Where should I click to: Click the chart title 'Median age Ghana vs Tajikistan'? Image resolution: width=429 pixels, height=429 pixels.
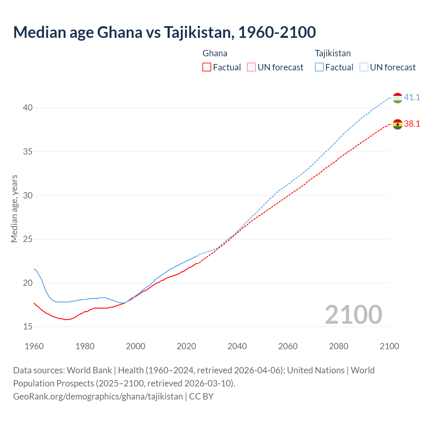click(164, 33)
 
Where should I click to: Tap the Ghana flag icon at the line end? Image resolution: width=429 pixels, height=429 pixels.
click(397, 124)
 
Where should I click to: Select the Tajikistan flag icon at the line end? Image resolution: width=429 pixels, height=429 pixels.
click(397, 98)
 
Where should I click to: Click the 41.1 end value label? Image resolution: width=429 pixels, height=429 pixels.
click(412, 98)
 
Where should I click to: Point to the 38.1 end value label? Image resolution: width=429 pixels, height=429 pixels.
click(412, 124)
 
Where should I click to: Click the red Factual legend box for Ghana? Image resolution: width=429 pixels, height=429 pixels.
click(207, 67)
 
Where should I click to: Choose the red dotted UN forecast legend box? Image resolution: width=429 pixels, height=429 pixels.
click(251, 67)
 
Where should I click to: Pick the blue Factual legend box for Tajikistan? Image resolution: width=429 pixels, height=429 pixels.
click(319, 67)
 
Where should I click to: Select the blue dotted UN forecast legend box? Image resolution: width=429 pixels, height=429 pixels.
click(364, 67)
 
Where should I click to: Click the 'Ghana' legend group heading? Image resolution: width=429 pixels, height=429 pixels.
click(215, 53)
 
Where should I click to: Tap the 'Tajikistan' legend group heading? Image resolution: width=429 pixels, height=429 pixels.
click(332, 53)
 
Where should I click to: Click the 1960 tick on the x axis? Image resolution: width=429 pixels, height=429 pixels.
click(34, 346)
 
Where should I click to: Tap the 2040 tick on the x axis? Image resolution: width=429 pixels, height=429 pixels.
click(237, 346)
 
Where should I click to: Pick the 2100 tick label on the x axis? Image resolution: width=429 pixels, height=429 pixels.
click(389, 346)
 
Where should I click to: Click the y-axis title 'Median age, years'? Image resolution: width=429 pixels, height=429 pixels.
click(14, 208)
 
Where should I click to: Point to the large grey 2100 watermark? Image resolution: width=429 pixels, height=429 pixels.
click(353, 315)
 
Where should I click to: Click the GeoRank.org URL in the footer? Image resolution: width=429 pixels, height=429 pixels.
click(98, 396)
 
